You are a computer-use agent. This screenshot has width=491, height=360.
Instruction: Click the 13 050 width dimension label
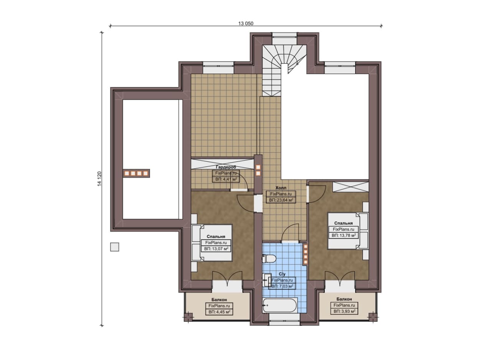point(246,23)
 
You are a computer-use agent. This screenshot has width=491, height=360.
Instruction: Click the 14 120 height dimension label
point(99,179)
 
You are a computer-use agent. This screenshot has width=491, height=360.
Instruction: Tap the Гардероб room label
point(226,167)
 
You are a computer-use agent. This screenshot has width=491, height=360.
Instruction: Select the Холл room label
point(281,187)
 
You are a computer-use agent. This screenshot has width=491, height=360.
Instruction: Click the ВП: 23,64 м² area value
point(281,200)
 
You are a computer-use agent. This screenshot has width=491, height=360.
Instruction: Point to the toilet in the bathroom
point(269,258)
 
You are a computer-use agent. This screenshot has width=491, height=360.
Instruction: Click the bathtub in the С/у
point(280,305)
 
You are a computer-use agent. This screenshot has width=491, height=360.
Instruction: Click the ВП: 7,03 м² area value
point(282,286)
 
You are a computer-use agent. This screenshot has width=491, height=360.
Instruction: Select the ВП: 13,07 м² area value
point(216,249)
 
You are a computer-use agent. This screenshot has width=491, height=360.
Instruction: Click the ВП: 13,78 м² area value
point(343,235)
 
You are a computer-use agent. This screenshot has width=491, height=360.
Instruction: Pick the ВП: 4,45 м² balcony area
point(219,312)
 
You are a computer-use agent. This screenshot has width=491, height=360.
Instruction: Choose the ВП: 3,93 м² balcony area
point(344,311)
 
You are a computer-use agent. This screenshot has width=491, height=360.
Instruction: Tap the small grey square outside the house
point(114,247)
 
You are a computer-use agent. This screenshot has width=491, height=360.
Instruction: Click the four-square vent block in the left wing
point(136,173)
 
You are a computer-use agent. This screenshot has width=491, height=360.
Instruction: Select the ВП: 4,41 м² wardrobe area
point(226,179)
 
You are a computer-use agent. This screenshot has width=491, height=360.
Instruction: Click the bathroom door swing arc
point(290,232)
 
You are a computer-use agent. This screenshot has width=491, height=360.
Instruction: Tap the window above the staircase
point(285,39)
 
